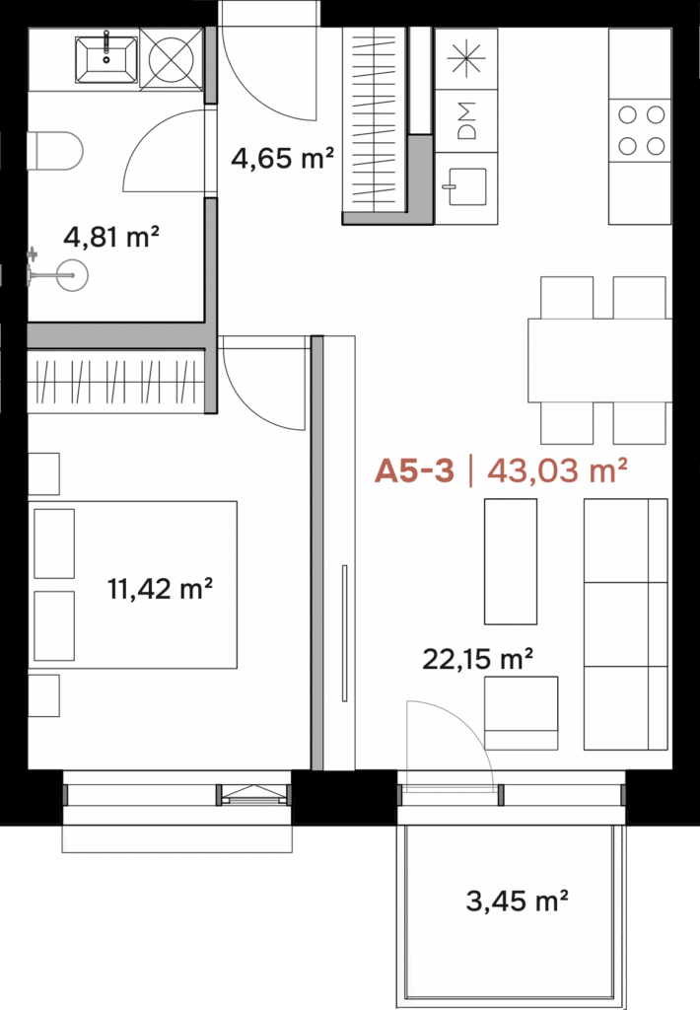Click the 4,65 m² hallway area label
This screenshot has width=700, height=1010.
click(x=282, y=158)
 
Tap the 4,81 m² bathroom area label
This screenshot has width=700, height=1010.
click(x=110, y=237)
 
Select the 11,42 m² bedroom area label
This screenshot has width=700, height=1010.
click(x=160, y=589)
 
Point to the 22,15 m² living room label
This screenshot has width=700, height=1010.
click(x=477, y=659)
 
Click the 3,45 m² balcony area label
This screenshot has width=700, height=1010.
click(x=517, y=901)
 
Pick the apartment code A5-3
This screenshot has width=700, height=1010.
click(x=415, y=470)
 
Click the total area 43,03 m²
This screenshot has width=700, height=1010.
click(x=557, y=470)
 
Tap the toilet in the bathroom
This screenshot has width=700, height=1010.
click(x=55, y=151)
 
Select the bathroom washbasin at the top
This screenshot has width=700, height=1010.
click(x=106, y=59)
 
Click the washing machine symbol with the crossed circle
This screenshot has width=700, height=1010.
click(x=172, y=59)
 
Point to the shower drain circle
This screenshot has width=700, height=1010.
click(x=72, y=276)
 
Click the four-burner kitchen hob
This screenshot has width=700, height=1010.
click(x=641, y=130)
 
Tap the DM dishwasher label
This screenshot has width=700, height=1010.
click(x=467, y=120)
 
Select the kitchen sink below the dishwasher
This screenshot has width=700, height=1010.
click(x=465, y=186)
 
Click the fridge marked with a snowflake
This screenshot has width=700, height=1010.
click(x=466, y=58)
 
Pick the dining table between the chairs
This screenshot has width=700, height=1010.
click(x=599, y=360)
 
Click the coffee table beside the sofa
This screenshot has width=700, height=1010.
click(x=511, y=561)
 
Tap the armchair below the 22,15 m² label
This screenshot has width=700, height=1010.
click(x=521, y=713)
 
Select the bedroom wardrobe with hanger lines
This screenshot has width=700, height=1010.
click(x=116, y=381)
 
